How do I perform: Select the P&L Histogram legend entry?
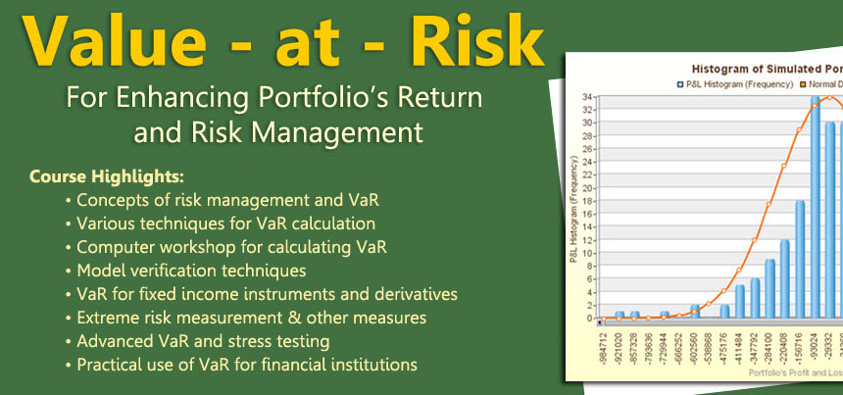tap(729, 84)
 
